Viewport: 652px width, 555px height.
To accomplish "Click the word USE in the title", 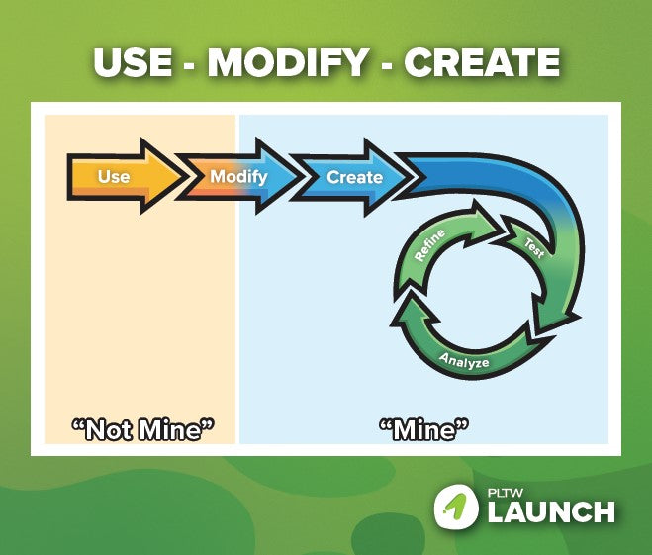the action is (133, 62).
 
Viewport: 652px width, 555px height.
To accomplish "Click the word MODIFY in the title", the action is (287, 62).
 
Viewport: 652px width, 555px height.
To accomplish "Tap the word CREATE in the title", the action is (482, 62).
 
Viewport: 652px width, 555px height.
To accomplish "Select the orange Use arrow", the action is (125, 176).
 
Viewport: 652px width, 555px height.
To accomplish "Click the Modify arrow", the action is (237, 176).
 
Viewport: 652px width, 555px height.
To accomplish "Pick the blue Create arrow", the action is (352, 177).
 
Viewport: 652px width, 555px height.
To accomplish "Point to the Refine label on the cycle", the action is (430, 245).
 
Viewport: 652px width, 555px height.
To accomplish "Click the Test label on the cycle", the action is (534, 247).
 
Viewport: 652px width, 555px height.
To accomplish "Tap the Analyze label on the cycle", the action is (464, 360).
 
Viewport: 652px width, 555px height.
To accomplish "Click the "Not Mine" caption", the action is (142, 430).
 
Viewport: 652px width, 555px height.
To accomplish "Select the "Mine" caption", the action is (423, 430).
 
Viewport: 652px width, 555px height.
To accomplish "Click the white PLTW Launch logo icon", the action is (456, 506).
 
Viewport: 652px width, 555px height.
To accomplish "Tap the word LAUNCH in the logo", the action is (551, 511).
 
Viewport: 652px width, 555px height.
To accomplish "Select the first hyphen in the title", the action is (190, 65).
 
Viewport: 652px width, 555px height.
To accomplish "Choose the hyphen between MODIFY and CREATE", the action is (386, 65).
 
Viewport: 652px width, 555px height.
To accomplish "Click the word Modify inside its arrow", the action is (238, 177).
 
